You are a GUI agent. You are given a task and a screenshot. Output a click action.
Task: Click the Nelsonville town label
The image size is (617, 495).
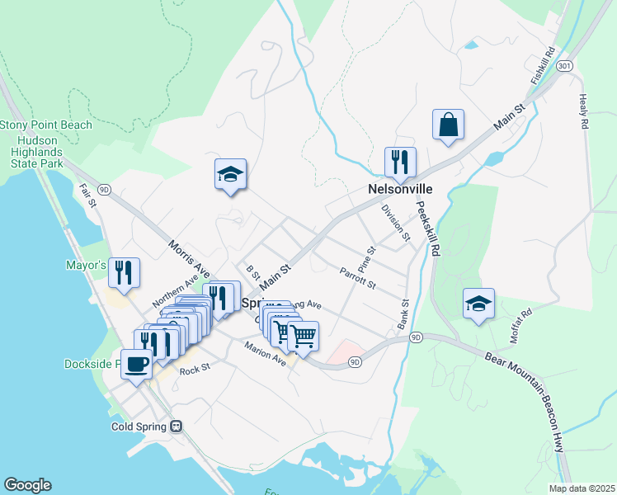point(400,190)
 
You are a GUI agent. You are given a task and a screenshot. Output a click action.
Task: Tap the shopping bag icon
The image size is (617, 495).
point(448,125)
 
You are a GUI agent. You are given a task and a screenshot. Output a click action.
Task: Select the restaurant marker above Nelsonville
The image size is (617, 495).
point(400,163)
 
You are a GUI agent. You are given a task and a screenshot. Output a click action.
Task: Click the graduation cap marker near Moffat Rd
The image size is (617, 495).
point(478,304)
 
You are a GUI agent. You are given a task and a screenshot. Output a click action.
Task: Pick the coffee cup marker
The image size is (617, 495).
point(136,363)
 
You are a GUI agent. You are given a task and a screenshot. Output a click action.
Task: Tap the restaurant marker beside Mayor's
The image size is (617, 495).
point(124,273)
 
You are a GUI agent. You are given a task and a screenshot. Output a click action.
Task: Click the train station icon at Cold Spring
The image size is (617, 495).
point(175,427)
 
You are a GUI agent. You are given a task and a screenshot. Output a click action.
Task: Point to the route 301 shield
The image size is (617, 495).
point(564,64)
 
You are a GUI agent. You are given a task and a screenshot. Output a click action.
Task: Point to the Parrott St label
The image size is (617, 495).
point(357,278)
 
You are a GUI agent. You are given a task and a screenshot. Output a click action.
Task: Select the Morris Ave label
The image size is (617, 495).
point(189,259)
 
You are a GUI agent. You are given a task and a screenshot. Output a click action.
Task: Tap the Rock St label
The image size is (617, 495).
point(190,371)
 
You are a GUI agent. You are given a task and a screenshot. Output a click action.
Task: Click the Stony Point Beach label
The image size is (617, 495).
point(45,125)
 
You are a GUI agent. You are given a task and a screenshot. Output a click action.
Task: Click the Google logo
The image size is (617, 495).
point(27,485)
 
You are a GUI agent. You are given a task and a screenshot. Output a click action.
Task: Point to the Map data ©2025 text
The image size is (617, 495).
point(582,488)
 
